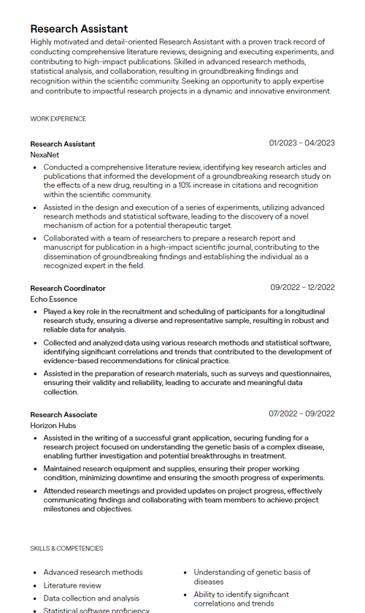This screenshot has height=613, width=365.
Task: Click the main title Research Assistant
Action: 79,28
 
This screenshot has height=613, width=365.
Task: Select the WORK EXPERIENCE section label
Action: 58,119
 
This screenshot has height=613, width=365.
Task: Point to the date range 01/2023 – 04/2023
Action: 301,143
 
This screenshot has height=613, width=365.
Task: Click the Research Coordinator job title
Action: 68,288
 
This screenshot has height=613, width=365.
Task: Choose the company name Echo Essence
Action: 53,300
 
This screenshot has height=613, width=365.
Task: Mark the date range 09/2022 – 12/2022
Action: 302,287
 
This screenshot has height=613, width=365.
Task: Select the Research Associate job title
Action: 64,414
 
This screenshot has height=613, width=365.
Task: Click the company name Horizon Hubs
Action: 53,426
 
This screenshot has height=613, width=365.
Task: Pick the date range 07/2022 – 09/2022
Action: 301,414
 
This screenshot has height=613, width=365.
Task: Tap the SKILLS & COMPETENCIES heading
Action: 66,549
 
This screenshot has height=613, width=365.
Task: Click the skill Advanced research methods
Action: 93,572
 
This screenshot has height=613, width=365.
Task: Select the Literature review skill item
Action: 72,585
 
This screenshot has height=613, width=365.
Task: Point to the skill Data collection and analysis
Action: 91,598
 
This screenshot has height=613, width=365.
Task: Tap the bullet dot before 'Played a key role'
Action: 35,312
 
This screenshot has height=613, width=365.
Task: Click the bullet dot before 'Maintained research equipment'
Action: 35,469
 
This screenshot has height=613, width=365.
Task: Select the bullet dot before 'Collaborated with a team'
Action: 35,239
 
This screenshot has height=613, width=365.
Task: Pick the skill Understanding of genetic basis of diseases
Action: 252,576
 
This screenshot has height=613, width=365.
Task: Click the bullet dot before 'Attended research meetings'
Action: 35,491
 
